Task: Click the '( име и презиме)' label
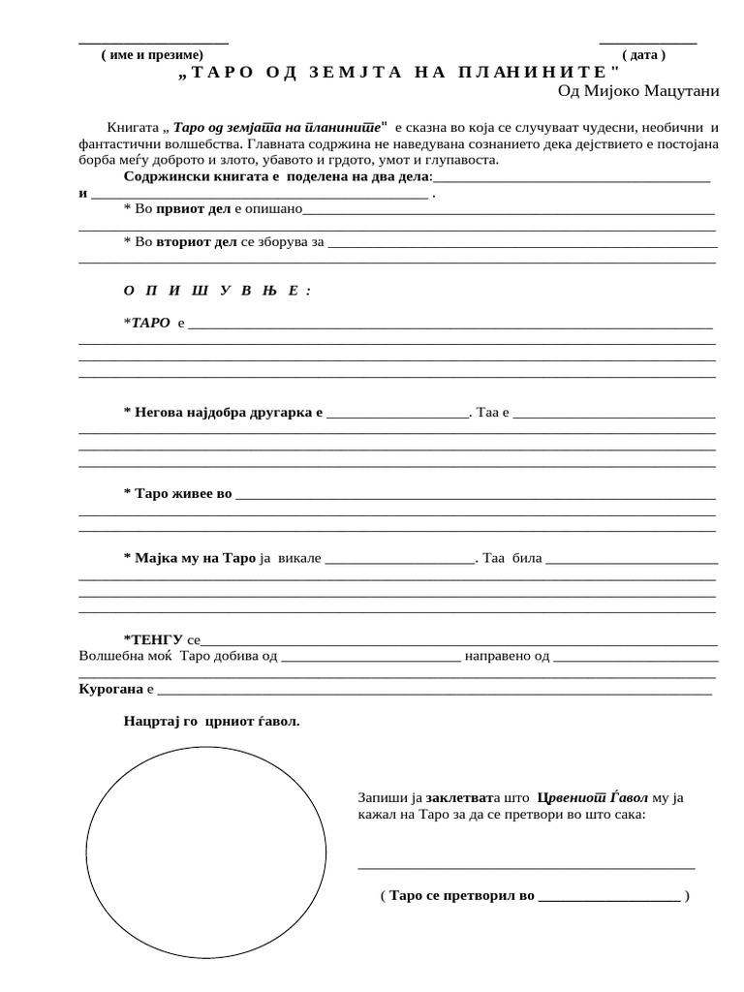click(x=152, y=55)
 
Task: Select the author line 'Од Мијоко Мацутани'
click(x=638, y=91)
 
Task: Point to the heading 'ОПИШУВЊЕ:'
click(x=217, y=291)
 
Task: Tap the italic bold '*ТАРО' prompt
click(x=147, y=322)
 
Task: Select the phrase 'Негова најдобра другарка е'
click(x=224, y=413)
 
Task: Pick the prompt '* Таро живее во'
click(x=178, y=494)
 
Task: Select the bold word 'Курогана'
click(x=109, y=689)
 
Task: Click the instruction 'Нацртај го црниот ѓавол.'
click(x=212, y=722)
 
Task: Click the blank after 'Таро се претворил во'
click(x=607, y=897)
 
